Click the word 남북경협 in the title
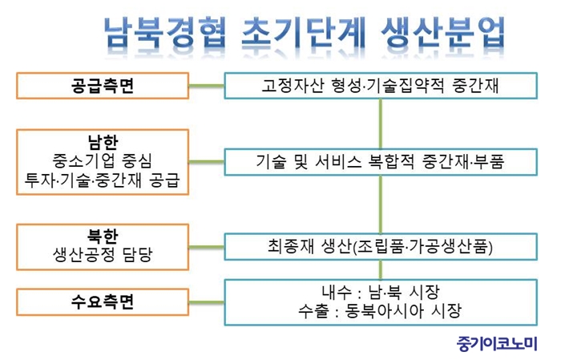164,33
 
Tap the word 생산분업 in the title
442,33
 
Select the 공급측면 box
103,86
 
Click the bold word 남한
103,142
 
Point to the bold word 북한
103,237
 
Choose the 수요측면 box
103,302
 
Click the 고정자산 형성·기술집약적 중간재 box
381,86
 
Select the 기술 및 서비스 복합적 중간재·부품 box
381,162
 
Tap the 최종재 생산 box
381,247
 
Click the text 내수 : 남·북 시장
381,293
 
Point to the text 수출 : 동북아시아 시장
380,311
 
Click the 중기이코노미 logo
497,343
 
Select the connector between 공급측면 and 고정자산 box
207,86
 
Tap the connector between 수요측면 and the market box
207,302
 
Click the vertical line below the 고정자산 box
381,123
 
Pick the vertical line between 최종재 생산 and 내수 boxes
381,270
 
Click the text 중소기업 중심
103,160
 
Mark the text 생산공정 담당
103,255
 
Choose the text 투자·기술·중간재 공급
103,180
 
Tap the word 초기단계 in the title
304,33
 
